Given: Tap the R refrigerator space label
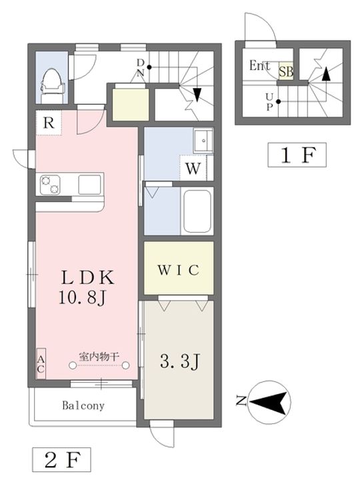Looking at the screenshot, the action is [49, 123].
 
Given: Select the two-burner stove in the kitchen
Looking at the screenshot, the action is [50, 185].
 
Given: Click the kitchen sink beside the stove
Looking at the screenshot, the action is [89, 185].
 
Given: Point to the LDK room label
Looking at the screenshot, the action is [88, 278].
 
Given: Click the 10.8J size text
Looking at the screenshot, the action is [82, 297].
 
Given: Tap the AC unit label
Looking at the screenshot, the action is [41, 364].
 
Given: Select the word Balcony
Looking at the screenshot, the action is [83, 405].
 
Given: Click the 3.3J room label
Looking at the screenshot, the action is [180, 361].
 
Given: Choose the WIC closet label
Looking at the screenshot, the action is [179, 270].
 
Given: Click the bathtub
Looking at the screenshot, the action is [197, 211].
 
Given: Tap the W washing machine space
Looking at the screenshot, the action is [193, 168].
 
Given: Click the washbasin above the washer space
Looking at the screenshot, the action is [203, 141].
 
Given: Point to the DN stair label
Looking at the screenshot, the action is [140, 67].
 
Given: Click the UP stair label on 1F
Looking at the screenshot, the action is [269, 102].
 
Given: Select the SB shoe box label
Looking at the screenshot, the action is [285, 71].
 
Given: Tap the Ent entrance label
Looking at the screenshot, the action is [259, 65].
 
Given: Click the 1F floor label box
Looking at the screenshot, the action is [297, 155].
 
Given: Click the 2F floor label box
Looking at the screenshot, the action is [61, 460].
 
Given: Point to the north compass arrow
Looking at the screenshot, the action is [270, 402].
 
